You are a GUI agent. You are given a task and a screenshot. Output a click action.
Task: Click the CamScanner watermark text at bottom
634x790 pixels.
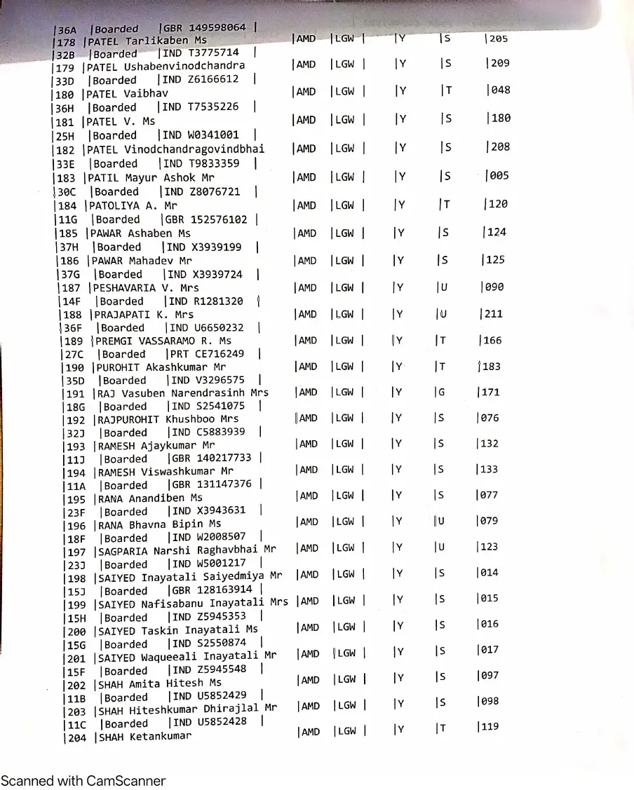point(83,780)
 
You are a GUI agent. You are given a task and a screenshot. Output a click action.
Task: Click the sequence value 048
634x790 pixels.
point(501,90)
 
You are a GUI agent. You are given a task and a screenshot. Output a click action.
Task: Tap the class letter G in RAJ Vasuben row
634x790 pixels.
point(441,393)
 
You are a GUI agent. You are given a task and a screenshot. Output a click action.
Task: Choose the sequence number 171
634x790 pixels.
point(490,393)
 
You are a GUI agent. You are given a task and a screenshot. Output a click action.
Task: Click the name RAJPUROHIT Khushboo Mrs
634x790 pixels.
point(168,419)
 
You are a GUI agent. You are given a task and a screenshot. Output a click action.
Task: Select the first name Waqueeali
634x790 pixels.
point(168,657)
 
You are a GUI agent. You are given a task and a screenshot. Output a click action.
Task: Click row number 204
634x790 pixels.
point(76,737)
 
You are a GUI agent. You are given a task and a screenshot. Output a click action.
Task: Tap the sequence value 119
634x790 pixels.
point(490,727)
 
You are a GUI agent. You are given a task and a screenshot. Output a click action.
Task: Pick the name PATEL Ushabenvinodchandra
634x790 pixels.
point(166,67)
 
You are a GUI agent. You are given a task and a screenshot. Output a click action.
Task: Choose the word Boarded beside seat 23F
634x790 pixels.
point(126,512)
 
